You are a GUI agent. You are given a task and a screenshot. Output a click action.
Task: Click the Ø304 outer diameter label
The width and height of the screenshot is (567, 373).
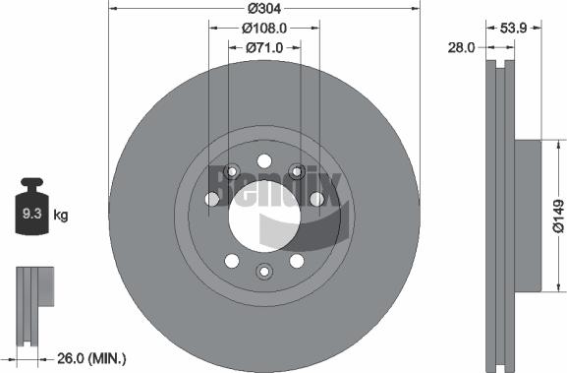pyautogui.click(x=263, y=9)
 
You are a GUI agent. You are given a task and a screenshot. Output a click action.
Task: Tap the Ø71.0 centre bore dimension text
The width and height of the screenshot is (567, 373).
pyautogui.click(x=262, y=47)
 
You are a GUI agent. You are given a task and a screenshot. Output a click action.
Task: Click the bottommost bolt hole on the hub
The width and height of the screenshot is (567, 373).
pyautogui.click(x=263, y=272)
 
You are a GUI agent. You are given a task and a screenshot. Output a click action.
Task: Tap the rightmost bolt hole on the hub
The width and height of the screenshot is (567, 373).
pyautogui.click(x=316, y=200)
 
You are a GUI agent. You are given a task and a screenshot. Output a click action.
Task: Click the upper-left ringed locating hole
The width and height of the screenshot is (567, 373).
pyautogui.click(x=231, y=172)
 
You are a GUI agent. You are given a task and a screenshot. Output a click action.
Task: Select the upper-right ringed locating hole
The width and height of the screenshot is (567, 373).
pyautogui.click(x=296, y=172)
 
